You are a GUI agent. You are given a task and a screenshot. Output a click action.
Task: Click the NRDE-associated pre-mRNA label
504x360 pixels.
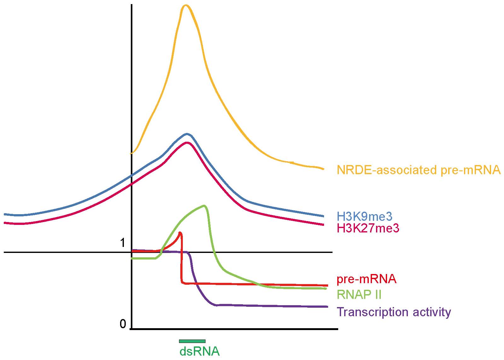coord(419,170)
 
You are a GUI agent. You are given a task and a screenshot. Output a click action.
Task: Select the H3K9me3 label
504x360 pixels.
coord(365,216)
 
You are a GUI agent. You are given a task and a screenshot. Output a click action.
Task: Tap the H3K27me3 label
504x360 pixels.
coord(368,228)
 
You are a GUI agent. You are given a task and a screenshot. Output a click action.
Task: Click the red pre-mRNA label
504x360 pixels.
coord(366,279)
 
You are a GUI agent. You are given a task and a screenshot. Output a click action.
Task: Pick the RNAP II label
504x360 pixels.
coord(359,295)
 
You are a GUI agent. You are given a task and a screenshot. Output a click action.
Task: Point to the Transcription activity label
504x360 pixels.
coord(394,312)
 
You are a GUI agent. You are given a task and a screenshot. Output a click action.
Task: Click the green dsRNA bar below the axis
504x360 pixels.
coord(192,341)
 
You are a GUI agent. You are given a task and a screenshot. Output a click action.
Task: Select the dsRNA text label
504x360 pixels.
coord(199,351)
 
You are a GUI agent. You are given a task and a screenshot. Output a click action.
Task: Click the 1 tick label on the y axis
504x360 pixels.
coord(123,243)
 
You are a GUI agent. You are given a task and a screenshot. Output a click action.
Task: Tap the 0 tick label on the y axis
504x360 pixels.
coord(123,324)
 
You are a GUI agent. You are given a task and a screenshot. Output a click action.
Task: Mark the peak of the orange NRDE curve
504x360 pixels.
coord(186,5)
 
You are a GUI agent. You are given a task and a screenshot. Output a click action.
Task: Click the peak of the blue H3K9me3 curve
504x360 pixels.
coord(187,134)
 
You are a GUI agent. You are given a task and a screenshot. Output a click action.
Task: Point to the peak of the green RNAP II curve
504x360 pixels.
coord(205,206)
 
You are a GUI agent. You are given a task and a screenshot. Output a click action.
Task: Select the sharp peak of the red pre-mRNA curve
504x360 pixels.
coord(180,233)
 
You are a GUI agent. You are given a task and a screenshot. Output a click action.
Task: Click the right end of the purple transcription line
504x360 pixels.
coord(327,306)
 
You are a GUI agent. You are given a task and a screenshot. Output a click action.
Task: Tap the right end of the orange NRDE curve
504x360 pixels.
coord(323,169)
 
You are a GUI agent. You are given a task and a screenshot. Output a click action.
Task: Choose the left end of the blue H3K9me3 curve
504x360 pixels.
coord(5,214)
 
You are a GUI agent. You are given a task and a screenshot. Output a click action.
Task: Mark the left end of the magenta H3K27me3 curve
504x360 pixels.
coord(5,223)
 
